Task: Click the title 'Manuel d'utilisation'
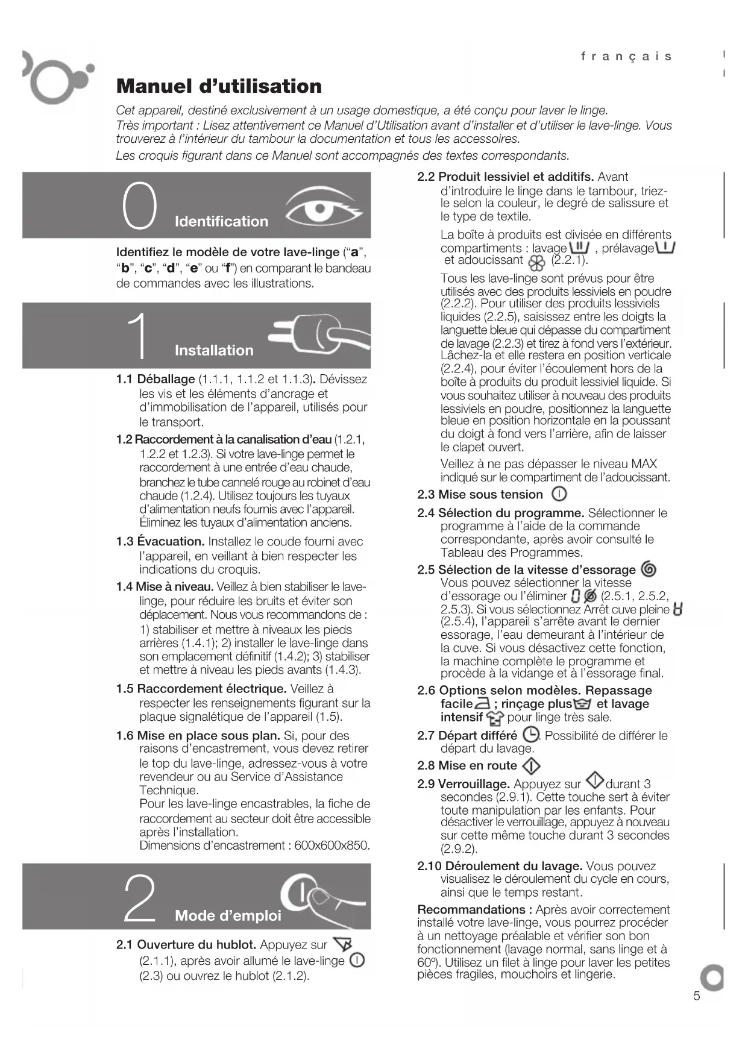click(x=219, y=86)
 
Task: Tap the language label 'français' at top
click(x=626, y=57)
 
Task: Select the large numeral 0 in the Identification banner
click(x=140, y=206)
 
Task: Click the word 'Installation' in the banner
click(x=214, y=350)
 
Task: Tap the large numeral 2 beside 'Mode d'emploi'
click(x=140, y=899)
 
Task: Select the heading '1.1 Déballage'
click(x=156, y=379)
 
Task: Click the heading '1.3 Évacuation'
click(x=160, y=541)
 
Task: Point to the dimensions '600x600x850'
click(x=332, y=845)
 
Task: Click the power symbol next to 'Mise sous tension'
click(x=559, y=494)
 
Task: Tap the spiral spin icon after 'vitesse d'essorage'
click(x=649, y=569)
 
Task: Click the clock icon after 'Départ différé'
click(x=530, y=735)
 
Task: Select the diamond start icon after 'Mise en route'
click(x=530, y=765)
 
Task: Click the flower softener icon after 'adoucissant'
click(x=536, y=263)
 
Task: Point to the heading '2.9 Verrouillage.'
click(x=464, y=784)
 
